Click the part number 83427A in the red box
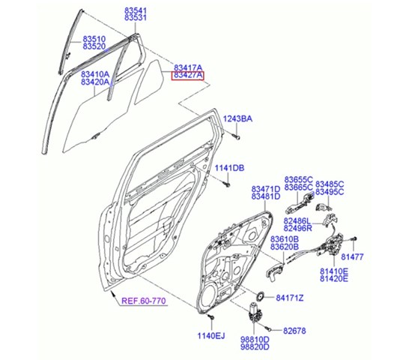187,76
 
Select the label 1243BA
237,118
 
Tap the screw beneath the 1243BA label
237,137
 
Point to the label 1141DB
229,168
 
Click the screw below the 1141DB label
226,184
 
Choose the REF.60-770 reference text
144,301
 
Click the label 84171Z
290,298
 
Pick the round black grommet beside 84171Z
261,296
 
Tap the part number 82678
294,331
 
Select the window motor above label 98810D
254,313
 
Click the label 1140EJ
211,336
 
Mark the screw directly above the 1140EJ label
211,317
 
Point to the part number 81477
352,256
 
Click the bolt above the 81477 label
354,239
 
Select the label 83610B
285,239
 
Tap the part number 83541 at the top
136,10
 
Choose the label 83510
94,39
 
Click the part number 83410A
95,74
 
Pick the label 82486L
297,220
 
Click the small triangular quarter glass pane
149,82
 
